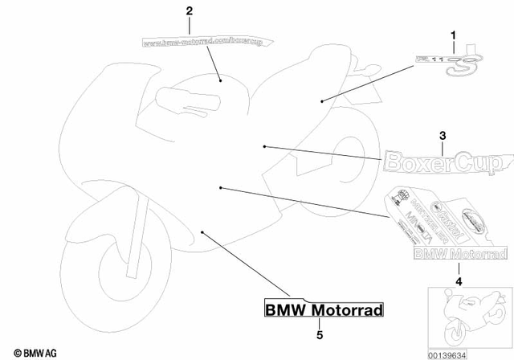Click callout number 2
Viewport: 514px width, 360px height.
[190, 11]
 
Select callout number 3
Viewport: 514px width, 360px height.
[442, 135]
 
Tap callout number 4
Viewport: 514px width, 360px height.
[459, 281]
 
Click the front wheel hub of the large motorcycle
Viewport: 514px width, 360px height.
[104, 263]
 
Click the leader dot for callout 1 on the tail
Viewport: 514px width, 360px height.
[322, 100]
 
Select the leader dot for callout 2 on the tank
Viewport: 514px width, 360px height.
[221, 80]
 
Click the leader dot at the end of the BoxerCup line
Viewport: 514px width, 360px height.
[264, 146]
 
